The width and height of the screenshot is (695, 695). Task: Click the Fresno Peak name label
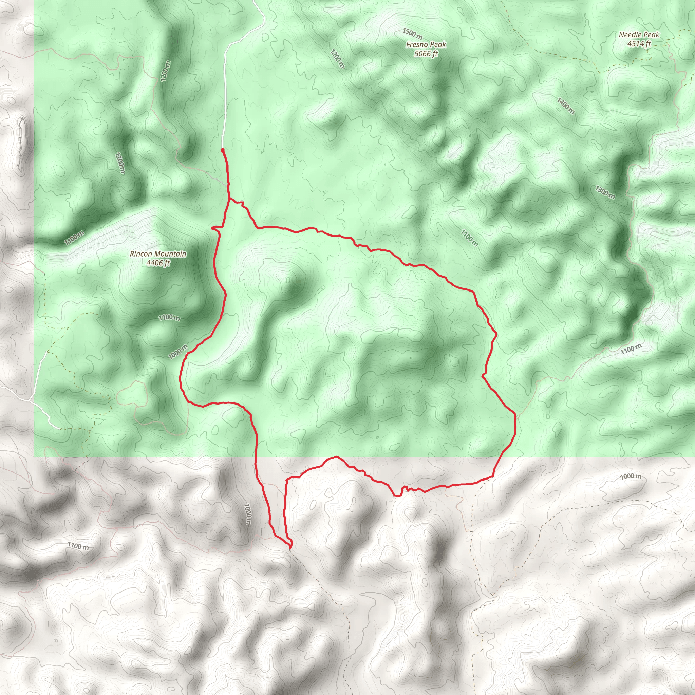426,44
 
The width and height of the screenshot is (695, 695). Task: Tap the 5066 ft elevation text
426,54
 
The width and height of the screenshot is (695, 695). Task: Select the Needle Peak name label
639,35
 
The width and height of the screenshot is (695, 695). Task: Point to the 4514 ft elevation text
639,44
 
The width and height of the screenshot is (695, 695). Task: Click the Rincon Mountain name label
158,254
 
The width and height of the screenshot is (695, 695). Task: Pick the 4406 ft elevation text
158,263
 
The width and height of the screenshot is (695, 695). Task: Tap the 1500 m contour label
412,34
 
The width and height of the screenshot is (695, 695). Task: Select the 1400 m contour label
565,106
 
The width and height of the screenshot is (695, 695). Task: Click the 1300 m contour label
605,192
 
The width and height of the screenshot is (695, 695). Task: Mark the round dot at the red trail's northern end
223,150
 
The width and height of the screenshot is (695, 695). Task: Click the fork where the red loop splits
229,199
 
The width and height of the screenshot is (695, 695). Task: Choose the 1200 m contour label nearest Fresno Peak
337,59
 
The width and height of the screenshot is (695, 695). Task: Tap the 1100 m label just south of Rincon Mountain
169,317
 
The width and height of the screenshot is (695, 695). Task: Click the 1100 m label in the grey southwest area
78,546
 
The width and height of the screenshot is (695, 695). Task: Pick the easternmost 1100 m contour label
631,349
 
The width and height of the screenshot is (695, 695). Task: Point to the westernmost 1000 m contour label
178,352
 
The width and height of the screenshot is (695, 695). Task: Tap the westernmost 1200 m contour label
120,163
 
